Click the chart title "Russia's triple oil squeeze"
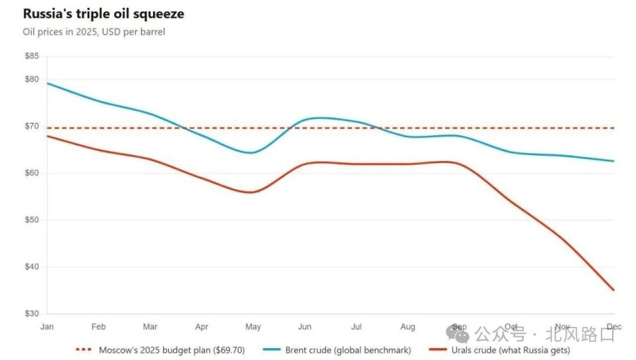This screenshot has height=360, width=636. click(103, 14)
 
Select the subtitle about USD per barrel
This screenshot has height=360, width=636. click(93, 32)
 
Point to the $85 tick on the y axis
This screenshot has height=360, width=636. click(32, 56)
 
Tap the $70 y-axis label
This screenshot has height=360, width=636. click(32, 126)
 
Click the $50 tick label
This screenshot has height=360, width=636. click(32, 219)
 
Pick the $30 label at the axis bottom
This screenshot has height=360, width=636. click(32, 313)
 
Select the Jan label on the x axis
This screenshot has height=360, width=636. click(47, 327)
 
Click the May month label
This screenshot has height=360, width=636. click(253, 327)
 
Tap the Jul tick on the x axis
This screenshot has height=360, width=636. click(356, 327)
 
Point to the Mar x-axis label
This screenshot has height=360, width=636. click(150, 327)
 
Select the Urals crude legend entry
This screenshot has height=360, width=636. click(510, 350)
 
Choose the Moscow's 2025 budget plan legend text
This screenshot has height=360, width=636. click(172, 350)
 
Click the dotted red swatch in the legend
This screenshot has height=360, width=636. click(85, 350)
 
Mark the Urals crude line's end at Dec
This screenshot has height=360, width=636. click(613, 290)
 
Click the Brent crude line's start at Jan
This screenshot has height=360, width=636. click(48, 84)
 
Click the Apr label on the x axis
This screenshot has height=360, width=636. click(202, 327)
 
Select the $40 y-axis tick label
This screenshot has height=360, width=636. click(32, 267)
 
